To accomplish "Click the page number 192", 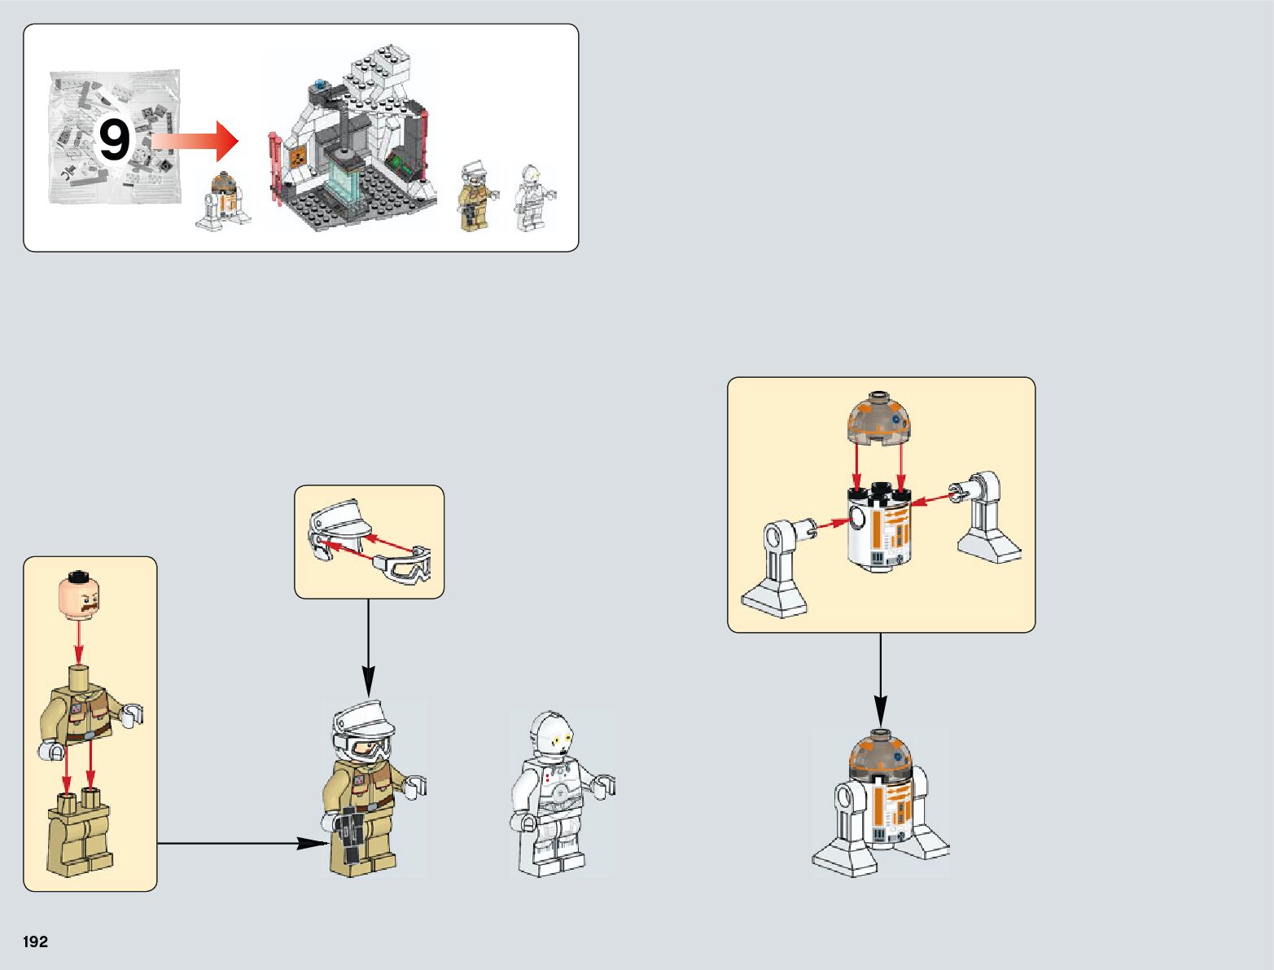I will coord(36,941).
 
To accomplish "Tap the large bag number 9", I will coord(114,141).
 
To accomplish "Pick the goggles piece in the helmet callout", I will coord(405,567).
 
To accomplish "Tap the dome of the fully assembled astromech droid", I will coord(879,753).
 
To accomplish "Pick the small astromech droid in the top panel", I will coord(223,200).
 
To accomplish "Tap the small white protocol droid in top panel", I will coord(531,198).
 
